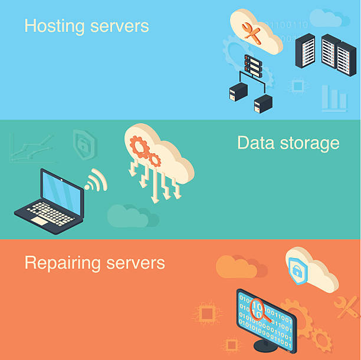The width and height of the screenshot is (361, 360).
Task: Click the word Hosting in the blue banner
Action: (x=55, y=27)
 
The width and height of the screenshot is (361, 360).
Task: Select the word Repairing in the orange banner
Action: (x=63, y=263)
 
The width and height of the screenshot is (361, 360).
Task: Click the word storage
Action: (x=310, y=144)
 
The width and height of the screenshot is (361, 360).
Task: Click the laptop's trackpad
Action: (x=38, y=221)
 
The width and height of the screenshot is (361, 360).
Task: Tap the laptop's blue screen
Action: (x=62, y=193)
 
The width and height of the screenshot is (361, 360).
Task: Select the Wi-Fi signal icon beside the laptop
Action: (x=96, y=180)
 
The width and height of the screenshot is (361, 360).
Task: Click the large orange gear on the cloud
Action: (x=139, y=147)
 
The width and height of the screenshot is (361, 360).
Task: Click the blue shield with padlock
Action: (x=298, y=271)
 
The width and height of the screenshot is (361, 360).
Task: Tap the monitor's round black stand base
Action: (x=265, y=345)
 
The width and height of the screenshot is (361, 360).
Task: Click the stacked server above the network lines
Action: (x=253, y=65)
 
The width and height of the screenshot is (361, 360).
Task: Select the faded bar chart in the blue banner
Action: (x=334, y=98)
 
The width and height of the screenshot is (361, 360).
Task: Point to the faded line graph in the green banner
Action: (x=32, y=148)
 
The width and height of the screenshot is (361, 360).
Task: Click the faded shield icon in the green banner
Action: (x=84, y=144)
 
